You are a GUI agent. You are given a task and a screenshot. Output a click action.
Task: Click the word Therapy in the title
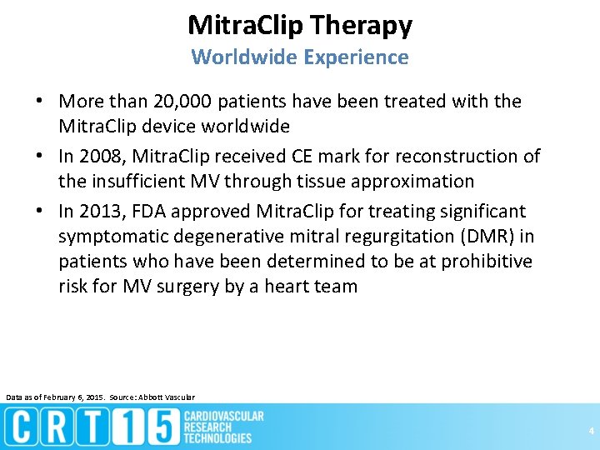[x=360, y=26]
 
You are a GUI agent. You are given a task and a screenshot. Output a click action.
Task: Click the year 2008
[x=101, y=156]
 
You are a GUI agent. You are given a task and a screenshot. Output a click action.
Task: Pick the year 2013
[x=101, y=211]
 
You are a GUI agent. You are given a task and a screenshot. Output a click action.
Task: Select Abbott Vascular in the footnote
[x=167, y=397]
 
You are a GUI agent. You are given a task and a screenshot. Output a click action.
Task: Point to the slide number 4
[x=591, y=431]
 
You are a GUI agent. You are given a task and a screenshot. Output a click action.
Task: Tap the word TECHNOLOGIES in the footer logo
[x=217, y=438]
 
